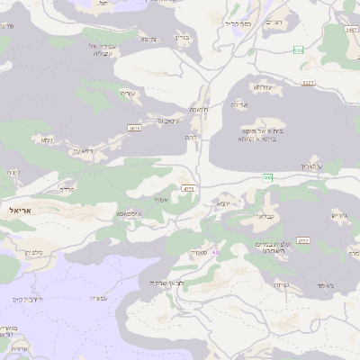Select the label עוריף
pyautogui.click(x=127, y=93)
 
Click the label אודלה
pyautogui.click(x=240, y=105)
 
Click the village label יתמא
pyautogui.click(x=224, y=204)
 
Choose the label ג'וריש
pyautogui.click(x=339, y=215)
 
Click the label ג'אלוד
pyautogui.click(x=325, y=285)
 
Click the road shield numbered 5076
pyautogui.click(x=135, y=129)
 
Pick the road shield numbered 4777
pyautogui.click(x=188, y=190)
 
